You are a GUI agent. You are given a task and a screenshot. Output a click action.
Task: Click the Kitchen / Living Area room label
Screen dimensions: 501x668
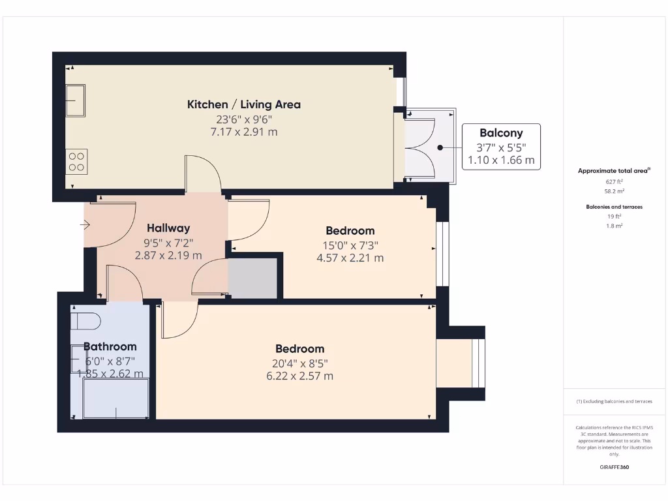[x=244, y=104]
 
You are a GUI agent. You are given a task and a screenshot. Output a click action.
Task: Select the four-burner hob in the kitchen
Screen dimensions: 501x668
[x=76, y=161]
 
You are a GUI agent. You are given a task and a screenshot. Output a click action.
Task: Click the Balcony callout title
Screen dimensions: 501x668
[x=501, y=133]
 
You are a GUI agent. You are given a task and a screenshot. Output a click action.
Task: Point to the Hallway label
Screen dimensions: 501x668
[x=168, y=228]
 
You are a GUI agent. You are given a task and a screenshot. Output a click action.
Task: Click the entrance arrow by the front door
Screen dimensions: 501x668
[x=85, y=226]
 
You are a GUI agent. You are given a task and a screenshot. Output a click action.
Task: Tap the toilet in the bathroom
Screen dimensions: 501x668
[x=85, y=320]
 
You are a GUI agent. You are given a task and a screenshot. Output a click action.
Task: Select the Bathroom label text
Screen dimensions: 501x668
[x=110, y=347]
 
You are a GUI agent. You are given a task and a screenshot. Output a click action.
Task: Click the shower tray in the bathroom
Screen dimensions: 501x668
[x=116, y=398]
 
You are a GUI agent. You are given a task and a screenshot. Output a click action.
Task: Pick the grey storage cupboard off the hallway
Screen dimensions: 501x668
[x=254, y=279]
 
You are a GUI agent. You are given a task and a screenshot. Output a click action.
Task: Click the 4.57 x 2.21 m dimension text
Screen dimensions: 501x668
[x=350, y=258]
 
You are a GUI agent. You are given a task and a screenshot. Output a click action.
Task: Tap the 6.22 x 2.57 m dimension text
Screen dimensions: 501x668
[x=299, y=376]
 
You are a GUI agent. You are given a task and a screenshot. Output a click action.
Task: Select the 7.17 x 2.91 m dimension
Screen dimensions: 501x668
[x=244, y=132]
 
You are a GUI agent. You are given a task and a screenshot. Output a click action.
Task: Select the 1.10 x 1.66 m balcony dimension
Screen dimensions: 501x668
[x=501, y=160]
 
